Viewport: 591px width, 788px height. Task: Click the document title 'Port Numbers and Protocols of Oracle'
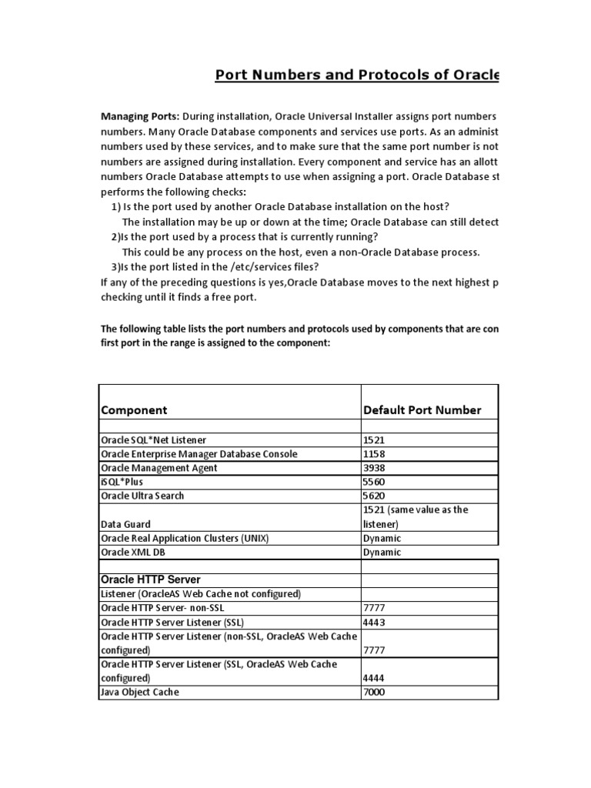(356, 75)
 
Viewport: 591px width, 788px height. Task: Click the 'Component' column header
(134, 410)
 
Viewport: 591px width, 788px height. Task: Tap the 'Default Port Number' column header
(422, 410)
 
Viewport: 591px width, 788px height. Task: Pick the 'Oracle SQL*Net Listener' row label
(154, 440)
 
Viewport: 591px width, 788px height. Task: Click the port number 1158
(374, 454)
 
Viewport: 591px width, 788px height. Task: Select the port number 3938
(374, 468)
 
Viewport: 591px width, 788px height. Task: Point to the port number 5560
(374, 482)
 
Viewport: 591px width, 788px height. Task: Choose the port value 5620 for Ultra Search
(374, 496)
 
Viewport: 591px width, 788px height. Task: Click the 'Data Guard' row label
(126, 524)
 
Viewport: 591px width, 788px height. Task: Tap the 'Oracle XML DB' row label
(133, 553)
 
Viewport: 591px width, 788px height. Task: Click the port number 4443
(374, 622)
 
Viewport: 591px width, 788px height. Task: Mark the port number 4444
(374, 679)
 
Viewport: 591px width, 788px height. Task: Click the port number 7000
(374, 693)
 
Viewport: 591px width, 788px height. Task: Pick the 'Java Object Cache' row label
(140, 693)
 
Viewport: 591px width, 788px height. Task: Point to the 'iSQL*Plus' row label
(123, 482)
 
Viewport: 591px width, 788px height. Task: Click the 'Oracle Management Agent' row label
(159, 468)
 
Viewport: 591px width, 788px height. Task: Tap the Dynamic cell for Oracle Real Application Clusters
(382, 539)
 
